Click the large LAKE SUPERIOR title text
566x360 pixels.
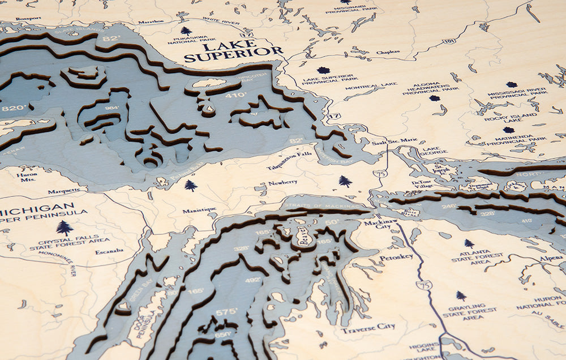tap(233, 52)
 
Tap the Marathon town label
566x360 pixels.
tap(150, 22)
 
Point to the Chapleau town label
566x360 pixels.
tap(388, 52)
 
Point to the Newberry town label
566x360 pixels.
tap(282, 182)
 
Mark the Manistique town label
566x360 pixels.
tap(199, 211)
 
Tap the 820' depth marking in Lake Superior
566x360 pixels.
tap(14, 108)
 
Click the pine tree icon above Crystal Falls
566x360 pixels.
tap(65, 228)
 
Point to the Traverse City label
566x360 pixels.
tap(368, 327)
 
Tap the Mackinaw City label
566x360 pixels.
tap(377, 225)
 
